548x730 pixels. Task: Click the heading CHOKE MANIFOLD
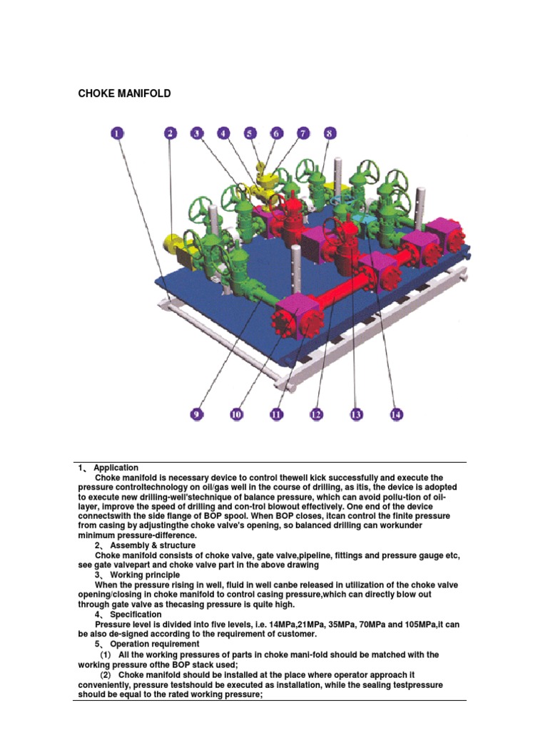pos(124,93)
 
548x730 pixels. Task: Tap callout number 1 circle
pos(117,133)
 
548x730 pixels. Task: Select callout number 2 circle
pos(171,133)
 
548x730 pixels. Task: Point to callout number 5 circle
pos(250,133)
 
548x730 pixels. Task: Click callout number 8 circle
pos(328,133)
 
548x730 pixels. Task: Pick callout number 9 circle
pos(195,413)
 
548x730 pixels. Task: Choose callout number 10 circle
pos(236,413)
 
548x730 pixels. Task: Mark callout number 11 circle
pos(277,413)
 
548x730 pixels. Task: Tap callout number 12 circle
pos(315,413)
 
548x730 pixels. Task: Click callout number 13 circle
pos(356,413)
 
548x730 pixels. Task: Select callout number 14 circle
pos(395,413)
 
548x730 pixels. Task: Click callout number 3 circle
pos(197,133)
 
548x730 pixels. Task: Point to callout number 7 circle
pos(303,133)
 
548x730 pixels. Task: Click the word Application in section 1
pos(116,468)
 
